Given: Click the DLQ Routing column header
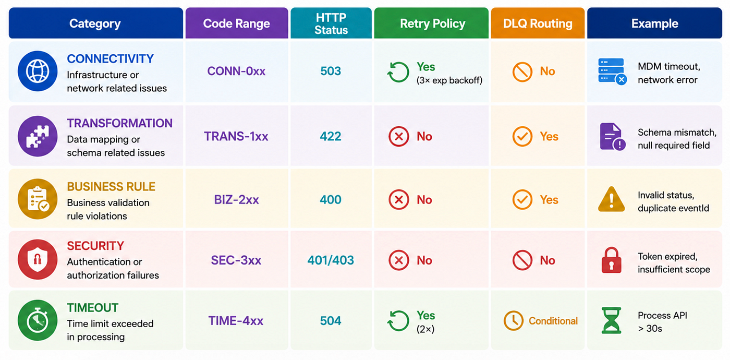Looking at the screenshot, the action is pos(538,23).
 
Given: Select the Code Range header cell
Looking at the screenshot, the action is pos(237,23).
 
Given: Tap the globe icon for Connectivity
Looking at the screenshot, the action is pos(38,71).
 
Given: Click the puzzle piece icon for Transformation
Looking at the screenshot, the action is pos(38,136).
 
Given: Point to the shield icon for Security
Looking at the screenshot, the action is pos(38,260).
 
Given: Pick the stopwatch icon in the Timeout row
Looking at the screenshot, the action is pos(38,320).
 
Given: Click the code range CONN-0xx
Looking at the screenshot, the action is pos(236,71).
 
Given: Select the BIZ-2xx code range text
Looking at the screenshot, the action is pos(236,199).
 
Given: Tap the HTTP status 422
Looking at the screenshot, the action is pos(331,136).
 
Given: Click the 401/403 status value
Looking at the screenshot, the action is pos(331,260).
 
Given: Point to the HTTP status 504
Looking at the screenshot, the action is pos(331,321).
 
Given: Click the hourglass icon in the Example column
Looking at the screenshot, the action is pos(611,320).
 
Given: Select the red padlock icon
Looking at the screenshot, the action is pos(611,260).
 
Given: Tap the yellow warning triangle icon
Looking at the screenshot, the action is pos(611,199).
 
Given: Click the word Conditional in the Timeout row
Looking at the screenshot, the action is pos(553,321).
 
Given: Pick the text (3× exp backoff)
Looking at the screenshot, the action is pos(449,80).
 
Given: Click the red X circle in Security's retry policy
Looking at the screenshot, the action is pos(398,260).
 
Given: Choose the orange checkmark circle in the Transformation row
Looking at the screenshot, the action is pos(522,136).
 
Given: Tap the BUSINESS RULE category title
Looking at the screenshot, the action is pos(111,187).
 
